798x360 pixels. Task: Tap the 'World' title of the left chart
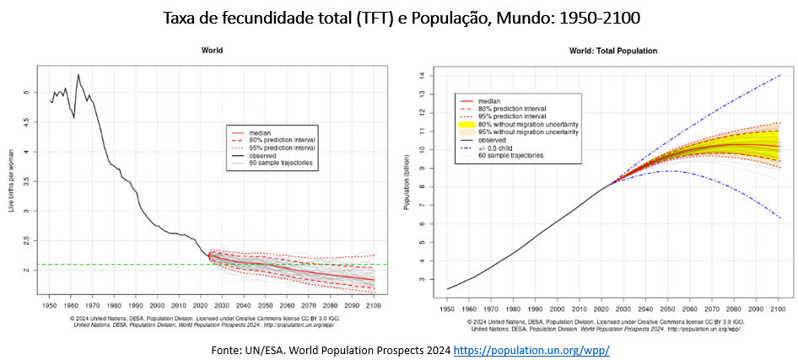[x=212, y=51]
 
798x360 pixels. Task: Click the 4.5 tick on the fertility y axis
[x=26, y=122]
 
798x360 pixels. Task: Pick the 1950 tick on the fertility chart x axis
[x=51, y=301]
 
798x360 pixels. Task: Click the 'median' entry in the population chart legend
[x=490, y=101]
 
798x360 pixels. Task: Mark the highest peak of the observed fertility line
[x=78, y=74]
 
